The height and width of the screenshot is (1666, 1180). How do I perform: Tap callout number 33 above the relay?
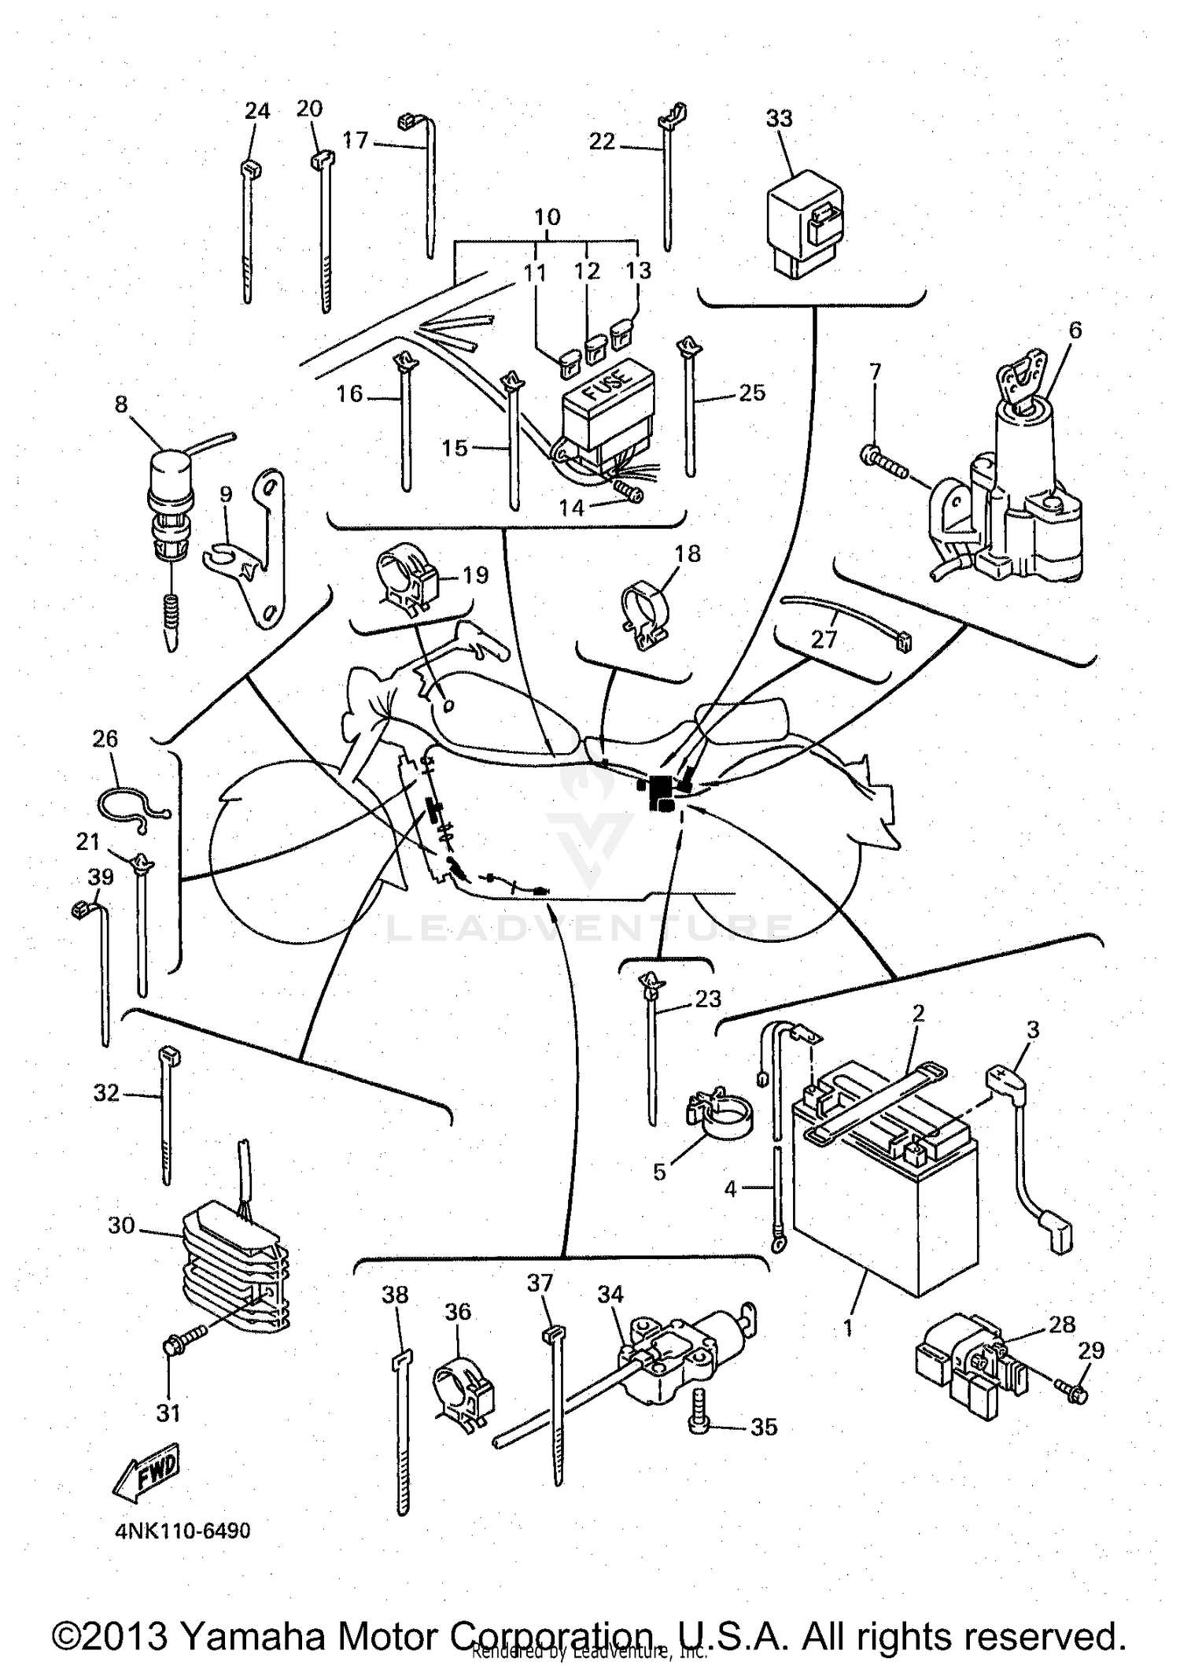pos(779,119)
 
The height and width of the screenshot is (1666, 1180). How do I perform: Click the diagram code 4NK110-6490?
pos(183,1531)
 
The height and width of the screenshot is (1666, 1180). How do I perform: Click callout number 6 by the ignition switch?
pos(1075,330)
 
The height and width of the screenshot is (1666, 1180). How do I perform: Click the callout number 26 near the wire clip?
pos(105,739)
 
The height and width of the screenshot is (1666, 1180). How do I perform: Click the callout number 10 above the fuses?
pos(548,217)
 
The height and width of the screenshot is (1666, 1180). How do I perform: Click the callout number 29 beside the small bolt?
pos(1090,1350)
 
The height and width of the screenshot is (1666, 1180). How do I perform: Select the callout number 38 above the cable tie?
pos(395,1295)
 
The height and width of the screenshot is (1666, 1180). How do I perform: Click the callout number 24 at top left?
pos(256,111)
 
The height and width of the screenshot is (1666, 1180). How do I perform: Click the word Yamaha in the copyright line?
pos(253,1636)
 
